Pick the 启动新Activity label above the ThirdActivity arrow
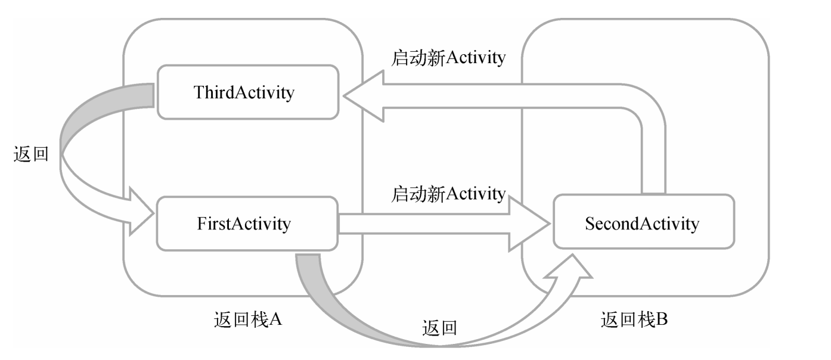tap(448, 57)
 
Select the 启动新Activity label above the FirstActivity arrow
tap(448, 193)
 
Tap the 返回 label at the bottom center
tap(439, 328)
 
